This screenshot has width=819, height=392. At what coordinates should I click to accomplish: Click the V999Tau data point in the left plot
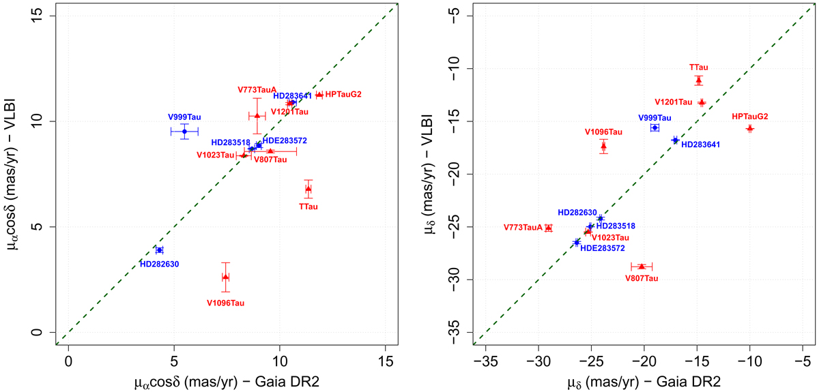pos(184,131)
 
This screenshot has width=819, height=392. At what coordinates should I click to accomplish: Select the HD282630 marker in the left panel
pos(159,250)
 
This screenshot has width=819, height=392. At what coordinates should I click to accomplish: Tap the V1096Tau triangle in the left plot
pos(225,277)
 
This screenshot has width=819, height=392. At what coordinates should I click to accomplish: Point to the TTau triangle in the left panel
pos(308,188)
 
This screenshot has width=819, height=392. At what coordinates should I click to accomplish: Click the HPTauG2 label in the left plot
pos(344,94)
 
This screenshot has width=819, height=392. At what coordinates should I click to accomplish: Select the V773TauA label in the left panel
pos(257,89)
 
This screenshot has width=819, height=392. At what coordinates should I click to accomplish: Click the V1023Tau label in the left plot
pos(216,155)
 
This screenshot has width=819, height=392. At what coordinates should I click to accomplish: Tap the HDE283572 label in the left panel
pos(285,140)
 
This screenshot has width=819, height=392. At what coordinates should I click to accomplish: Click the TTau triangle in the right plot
pos(699,80)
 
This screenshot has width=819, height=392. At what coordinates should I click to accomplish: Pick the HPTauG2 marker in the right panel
pos(749,128)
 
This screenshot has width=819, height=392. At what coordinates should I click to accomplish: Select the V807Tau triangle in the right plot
pos(642,266)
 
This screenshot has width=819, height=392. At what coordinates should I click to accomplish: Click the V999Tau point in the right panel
pos(655,127)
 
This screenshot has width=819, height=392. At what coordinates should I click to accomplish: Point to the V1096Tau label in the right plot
pos(603,132)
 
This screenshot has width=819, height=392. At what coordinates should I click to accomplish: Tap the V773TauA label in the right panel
pos(523,227)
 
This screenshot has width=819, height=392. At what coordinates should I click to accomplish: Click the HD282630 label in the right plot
pos(581,213)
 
